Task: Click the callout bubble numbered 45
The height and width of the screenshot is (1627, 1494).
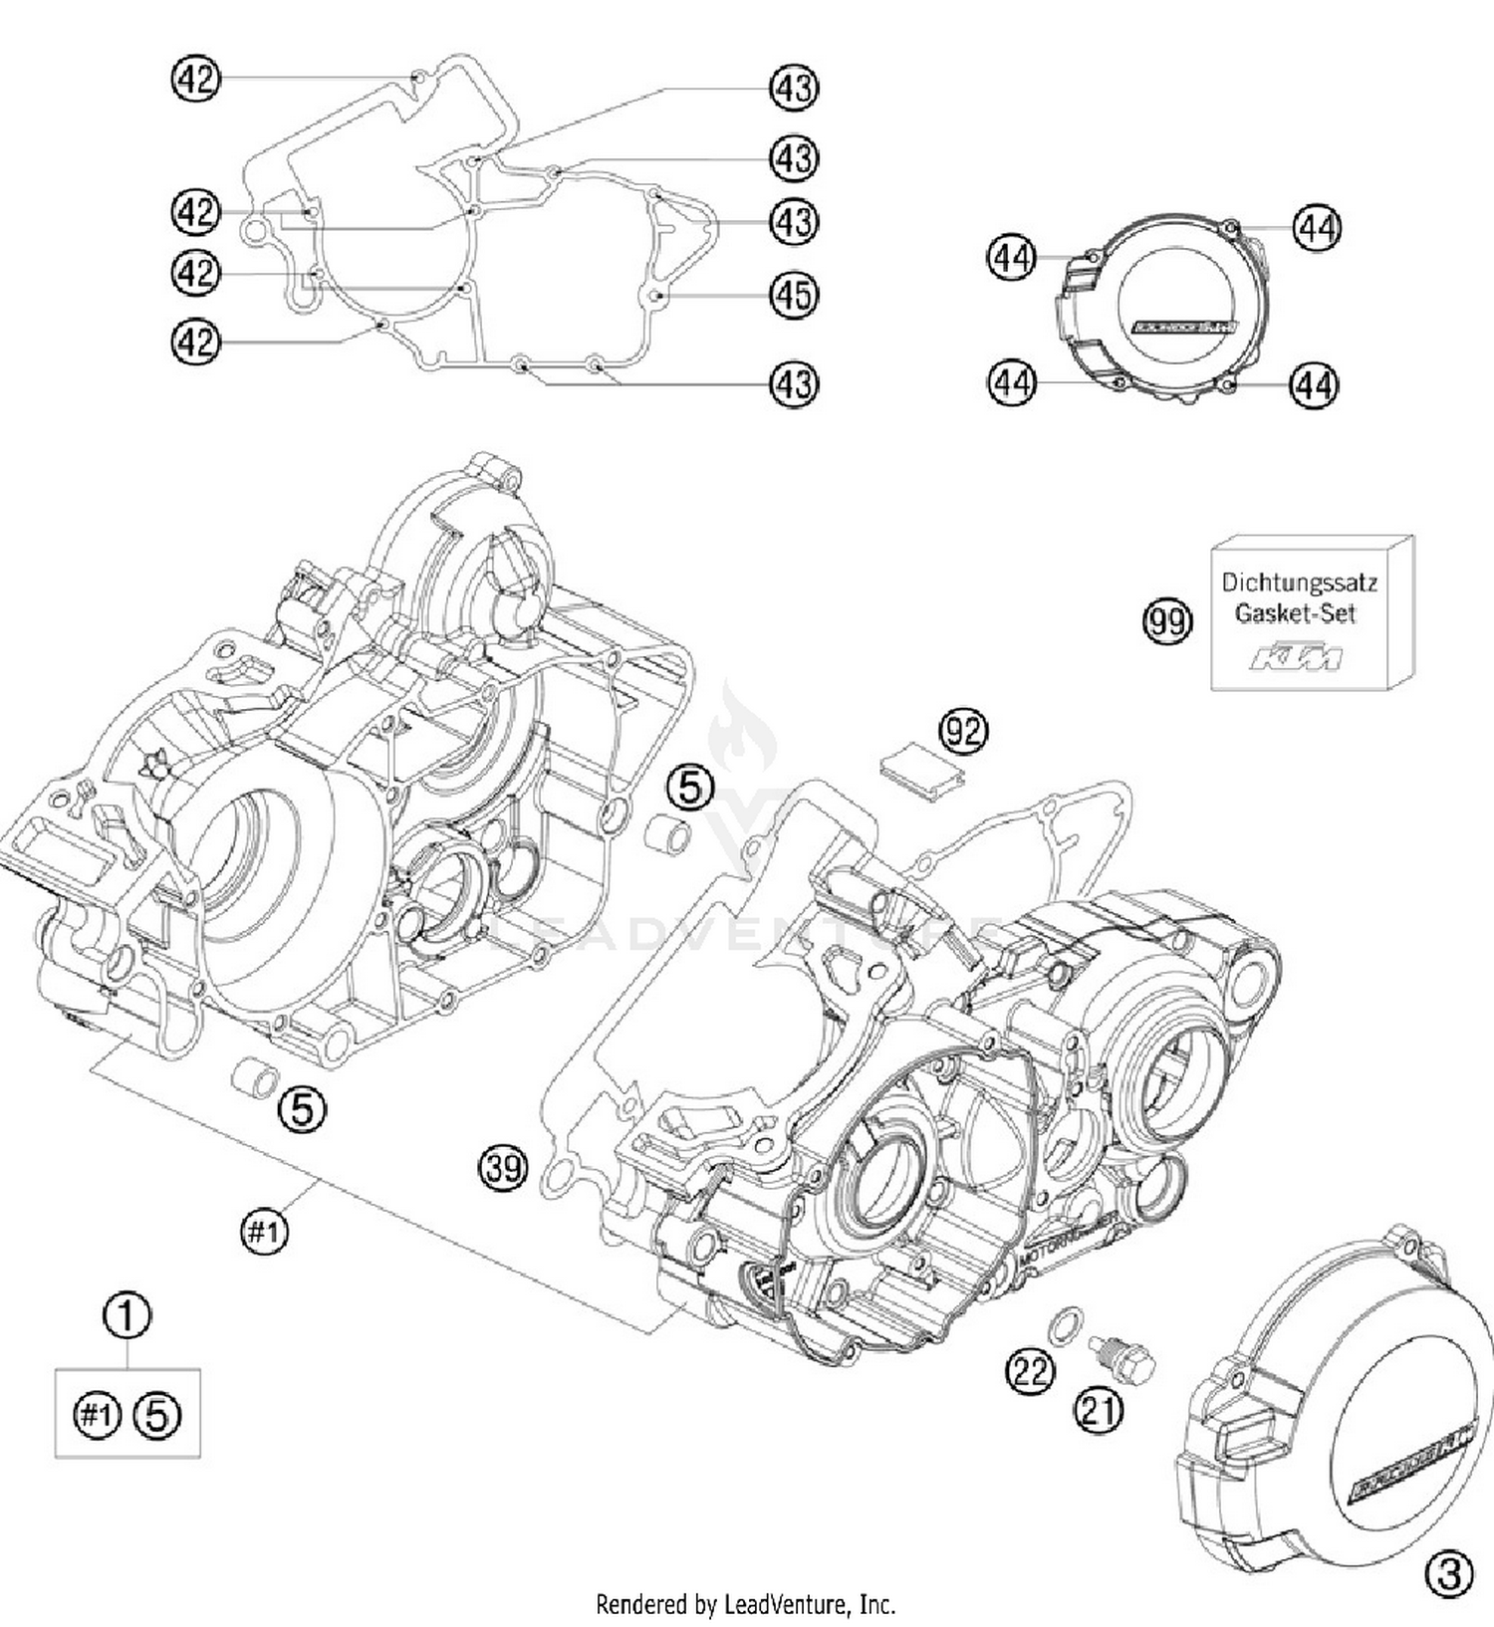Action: (794, 296)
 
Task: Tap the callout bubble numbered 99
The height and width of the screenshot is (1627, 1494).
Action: (1166, 622)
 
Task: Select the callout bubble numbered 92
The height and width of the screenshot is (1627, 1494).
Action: (963, 732)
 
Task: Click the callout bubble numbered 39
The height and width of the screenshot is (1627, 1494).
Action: (503, 1166)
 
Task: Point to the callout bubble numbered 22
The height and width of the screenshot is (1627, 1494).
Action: (1029, 1373)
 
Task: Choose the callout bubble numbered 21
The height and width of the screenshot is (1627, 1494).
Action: (1099, 1410)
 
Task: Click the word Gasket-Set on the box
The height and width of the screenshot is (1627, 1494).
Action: (1295, 613)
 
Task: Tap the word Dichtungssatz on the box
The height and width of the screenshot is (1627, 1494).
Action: (1299, 581)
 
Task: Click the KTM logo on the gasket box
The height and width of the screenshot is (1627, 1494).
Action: (1296, 657)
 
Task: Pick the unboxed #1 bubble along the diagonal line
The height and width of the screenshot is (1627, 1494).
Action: (264, 1233)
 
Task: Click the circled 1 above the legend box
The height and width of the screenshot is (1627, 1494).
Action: (127, 1315)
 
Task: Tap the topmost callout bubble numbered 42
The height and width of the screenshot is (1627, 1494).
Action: (195, 79)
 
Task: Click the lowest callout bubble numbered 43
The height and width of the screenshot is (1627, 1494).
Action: (794, 383)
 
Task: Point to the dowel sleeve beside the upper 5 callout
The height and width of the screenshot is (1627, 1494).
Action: (666, 835)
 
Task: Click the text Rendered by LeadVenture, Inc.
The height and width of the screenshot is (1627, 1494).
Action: (745, 1604)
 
